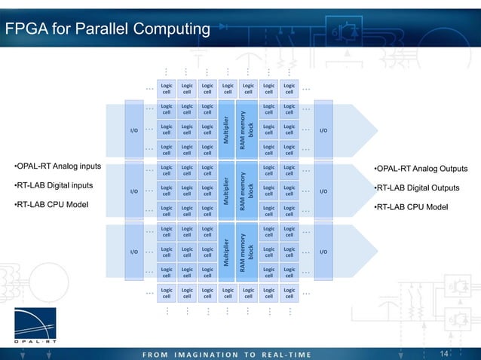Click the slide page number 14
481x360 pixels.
[444, 353]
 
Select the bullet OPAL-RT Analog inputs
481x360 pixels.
[58, 166]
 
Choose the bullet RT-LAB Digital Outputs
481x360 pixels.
[417, 188]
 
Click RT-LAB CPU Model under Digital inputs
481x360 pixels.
[52, 204]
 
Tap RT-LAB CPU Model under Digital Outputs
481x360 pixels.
[412, 206]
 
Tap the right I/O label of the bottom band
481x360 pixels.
[323, 252]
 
